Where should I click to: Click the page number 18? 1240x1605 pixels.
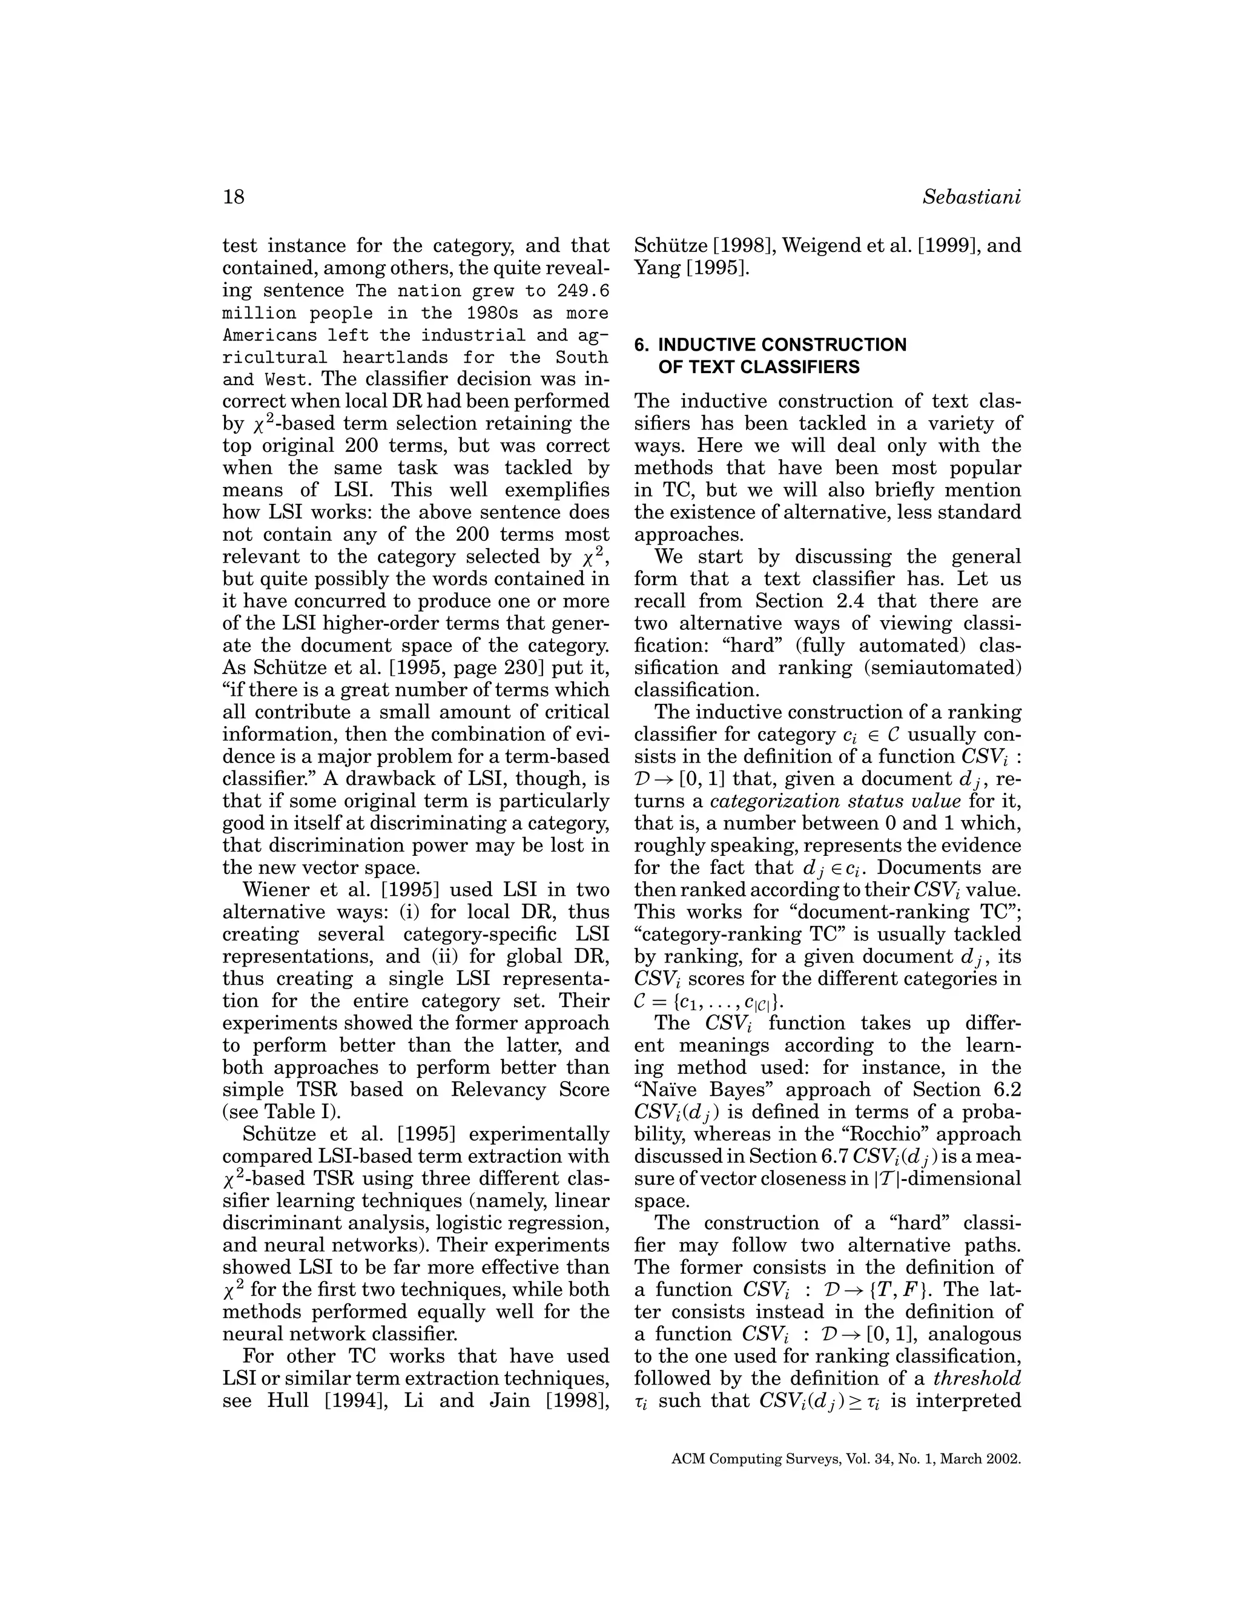click(x=233, y=197)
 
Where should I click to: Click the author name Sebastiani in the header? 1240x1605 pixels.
click(x=971, y=197)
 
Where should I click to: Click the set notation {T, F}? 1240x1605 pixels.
click(x=911, y=1289)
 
